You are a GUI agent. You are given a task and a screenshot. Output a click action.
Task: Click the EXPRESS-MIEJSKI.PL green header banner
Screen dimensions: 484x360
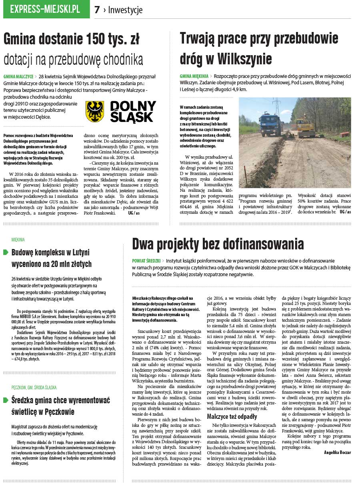(46, 10)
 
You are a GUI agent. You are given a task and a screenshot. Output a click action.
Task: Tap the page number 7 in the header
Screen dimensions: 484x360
(97, 10)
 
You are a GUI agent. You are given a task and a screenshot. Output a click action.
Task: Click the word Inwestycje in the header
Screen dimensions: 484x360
(125, 10)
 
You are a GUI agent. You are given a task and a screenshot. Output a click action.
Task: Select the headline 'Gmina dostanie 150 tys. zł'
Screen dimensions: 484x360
(72, 39)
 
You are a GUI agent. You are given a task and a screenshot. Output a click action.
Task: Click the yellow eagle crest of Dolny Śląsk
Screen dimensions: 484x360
(95, 111)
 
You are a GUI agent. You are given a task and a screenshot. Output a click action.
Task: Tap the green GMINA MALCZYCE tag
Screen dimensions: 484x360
(18, 76)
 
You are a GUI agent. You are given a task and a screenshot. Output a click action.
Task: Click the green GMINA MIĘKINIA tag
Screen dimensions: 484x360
(194, 76)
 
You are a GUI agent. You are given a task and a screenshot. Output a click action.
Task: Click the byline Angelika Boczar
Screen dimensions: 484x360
(338, 452)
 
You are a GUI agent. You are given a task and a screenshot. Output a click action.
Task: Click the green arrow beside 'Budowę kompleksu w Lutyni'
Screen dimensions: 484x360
(6, 252)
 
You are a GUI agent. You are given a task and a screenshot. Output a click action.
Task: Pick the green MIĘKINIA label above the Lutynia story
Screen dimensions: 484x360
(18, 239)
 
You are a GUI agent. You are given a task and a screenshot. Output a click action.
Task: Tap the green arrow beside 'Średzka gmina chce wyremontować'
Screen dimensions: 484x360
(6, 400)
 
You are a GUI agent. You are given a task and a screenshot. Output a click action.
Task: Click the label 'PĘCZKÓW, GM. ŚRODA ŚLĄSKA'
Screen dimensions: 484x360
(34, 387)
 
